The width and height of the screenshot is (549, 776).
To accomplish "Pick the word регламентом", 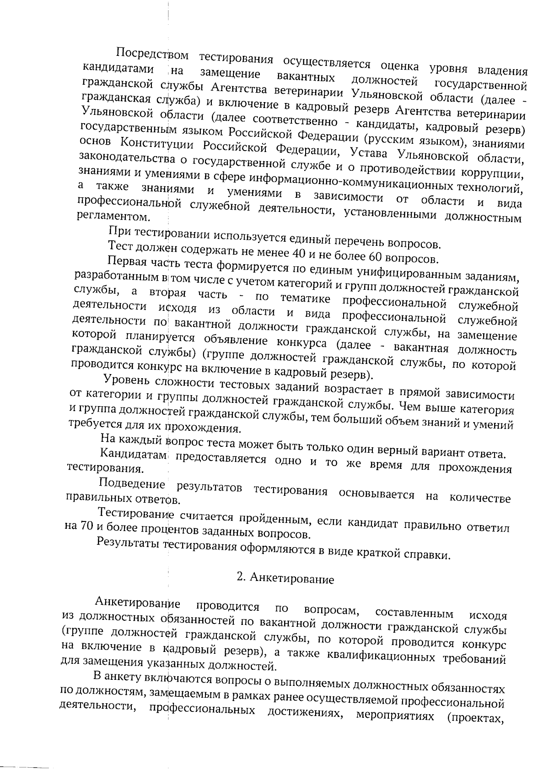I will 107,216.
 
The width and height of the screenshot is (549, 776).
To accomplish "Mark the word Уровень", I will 126,380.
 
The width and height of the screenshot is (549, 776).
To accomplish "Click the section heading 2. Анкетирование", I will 285,579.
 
